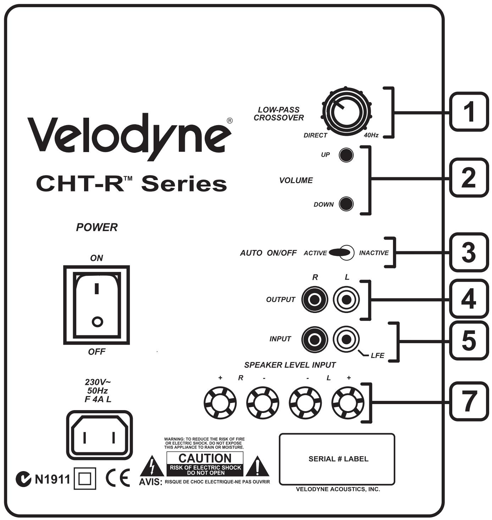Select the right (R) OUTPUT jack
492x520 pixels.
click(x=314, y=300)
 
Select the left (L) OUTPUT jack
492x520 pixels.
click(x=346, y=300)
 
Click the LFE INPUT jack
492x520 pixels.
click(x=346, y=339)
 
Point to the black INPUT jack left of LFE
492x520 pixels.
click(x=314, y=339)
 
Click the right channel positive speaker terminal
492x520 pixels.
click(x=220, y=403)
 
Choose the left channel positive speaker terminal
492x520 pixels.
click(x=348, y=403)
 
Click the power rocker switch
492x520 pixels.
click(x=96, y=305)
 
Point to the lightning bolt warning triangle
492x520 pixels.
click(x=152, y=468)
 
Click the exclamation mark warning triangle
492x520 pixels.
click(x=257, y=468)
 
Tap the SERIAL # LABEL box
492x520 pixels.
click(x=337, y=459)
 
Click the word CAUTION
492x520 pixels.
click(x=205, y=458)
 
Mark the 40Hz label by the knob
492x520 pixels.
click(x=371, y=135)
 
